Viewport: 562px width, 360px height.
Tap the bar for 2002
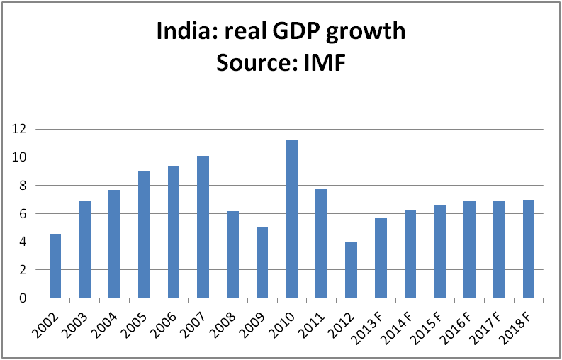[55, 266]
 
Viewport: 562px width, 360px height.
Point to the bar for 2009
[262, 263]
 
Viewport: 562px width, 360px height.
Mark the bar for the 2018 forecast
[529, 249]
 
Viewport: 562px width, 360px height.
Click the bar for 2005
[144, 235]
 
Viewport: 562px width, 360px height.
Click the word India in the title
[180, 33]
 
